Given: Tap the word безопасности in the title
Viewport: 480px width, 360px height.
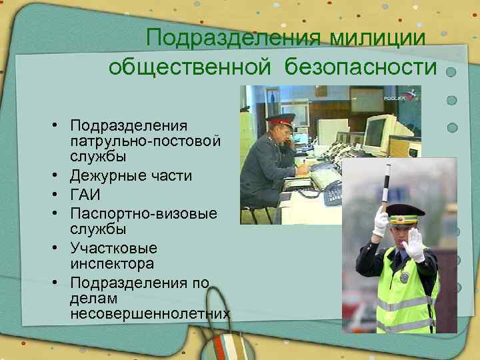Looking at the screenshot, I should [x=361, y=67].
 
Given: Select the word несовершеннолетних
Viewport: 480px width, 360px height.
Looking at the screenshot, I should [x=149, y=313].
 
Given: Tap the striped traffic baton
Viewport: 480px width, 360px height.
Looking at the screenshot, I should [x=386, y=187].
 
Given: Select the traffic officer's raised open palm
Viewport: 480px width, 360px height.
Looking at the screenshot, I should [x=415, y=243].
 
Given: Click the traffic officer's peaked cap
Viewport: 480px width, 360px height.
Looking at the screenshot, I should [x=405, y=215].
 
